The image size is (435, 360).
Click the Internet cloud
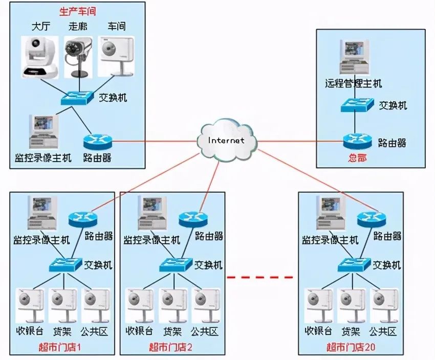[x=227, y=141]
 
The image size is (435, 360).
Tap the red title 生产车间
[x=78, y=11]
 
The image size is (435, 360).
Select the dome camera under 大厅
[x=40, y=57]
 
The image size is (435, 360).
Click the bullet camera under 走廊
[x=78, y=57]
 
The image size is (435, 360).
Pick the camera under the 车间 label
[x=116, y=56]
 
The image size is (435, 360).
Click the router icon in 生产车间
[x=97, y=142]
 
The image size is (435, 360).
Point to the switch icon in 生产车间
[x=77, y=98]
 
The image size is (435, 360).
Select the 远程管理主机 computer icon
[x=355, y=57]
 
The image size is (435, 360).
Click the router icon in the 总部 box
[x=357, y=141]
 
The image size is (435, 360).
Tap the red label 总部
[x=357, y=158]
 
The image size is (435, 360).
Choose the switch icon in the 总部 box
[x=357, y=105]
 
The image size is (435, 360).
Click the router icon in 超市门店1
[x=83, y=219]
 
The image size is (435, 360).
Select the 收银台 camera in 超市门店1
[x=30, y=305]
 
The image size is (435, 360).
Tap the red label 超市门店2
[x=170, y=347]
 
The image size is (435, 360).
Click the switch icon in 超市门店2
[x=176, y=265]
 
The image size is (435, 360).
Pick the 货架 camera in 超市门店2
[x=173, y=305]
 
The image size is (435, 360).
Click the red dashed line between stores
[x=260, y=277]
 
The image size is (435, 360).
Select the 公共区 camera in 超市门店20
[x=384, y=305]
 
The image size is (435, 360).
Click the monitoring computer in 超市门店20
[x=331, y=213]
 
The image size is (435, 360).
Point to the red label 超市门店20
[x=351, y=347]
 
